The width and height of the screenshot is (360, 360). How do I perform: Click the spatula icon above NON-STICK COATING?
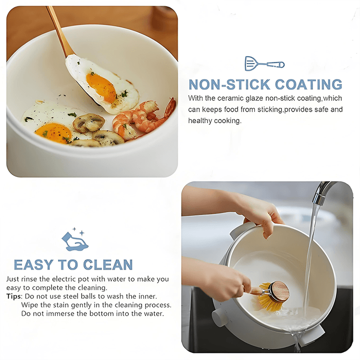tap(264, 63)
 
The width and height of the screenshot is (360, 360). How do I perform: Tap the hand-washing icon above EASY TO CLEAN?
tap(75, 240)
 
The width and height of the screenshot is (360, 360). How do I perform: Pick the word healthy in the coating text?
tap(200, 121)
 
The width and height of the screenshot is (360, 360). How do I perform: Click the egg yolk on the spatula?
tap(101, 87)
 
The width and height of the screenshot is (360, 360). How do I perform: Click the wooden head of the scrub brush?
tap(279, 291)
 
